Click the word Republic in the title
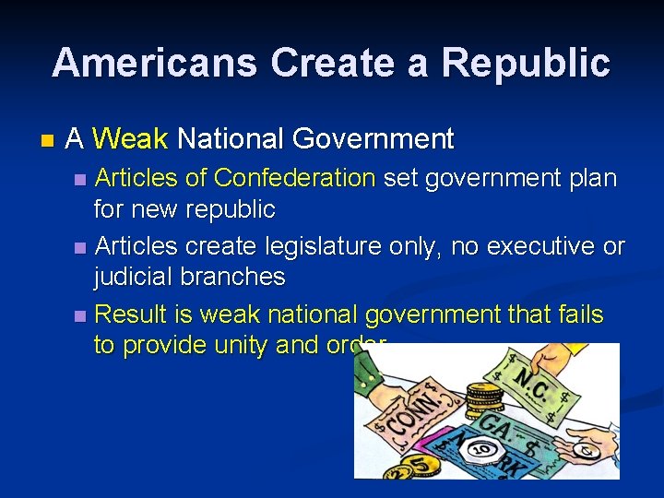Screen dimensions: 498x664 (525, 63)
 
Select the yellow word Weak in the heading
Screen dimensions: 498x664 (130, 139)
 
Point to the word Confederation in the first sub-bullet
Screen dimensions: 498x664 (294, 177)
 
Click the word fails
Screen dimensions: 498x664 (580, 314)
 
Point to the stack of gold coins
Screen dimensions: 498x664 (484, 397)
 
